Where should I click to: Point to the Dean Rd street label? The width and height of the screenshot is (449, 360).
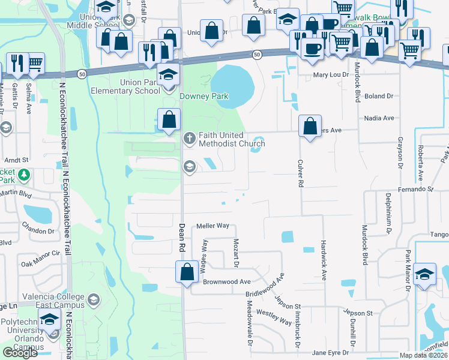coord(181,238)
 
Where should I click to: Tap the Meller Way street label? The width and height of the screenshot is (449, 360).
coord(213,226)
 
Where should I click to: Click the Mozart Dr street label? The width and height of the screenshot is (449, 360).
coord(236,253)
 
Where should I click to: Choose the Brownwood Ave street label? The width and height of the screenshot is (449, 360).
coord(226,281)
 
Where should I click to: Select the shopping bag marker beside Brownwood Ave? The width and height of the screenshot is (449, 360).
coord(187,272)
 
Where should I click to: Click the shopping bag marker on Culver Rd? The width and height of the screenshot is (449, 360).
coord(310,127)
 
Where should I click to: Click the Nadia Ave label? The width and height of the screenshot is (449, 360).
coord(378,118)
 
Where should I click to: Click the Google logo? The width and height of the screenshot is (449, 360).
coord(20,353)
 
